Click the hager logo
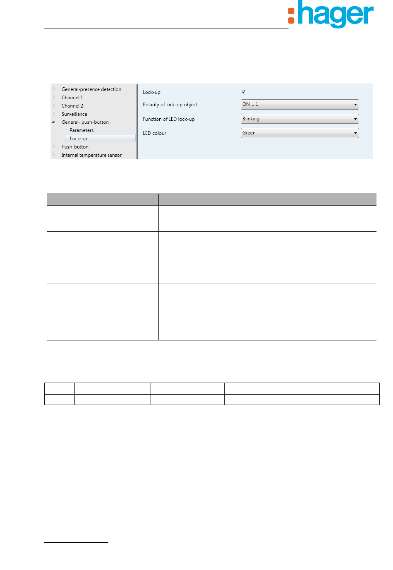331,15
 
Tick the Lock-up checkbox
244,92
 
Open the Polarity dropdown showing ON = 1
300,105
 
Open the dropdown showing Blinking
300,119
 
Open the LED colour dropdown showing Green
300,133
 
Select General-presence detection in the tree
91,89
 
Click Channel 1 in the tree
72,98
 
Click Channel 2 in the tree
72,106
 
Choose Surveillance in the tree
74,114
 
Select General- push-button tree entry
85,122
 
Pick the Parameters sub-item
81,130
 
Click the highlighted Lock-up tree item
79,139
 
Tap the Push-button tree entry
75,147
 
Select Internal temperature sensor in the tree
91,155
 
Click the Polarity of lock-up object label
170,105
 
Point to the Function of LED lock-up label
169,119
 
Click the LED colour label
155,133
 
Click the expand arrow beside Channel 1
54,98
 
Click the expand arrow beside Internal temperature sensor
54,155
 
